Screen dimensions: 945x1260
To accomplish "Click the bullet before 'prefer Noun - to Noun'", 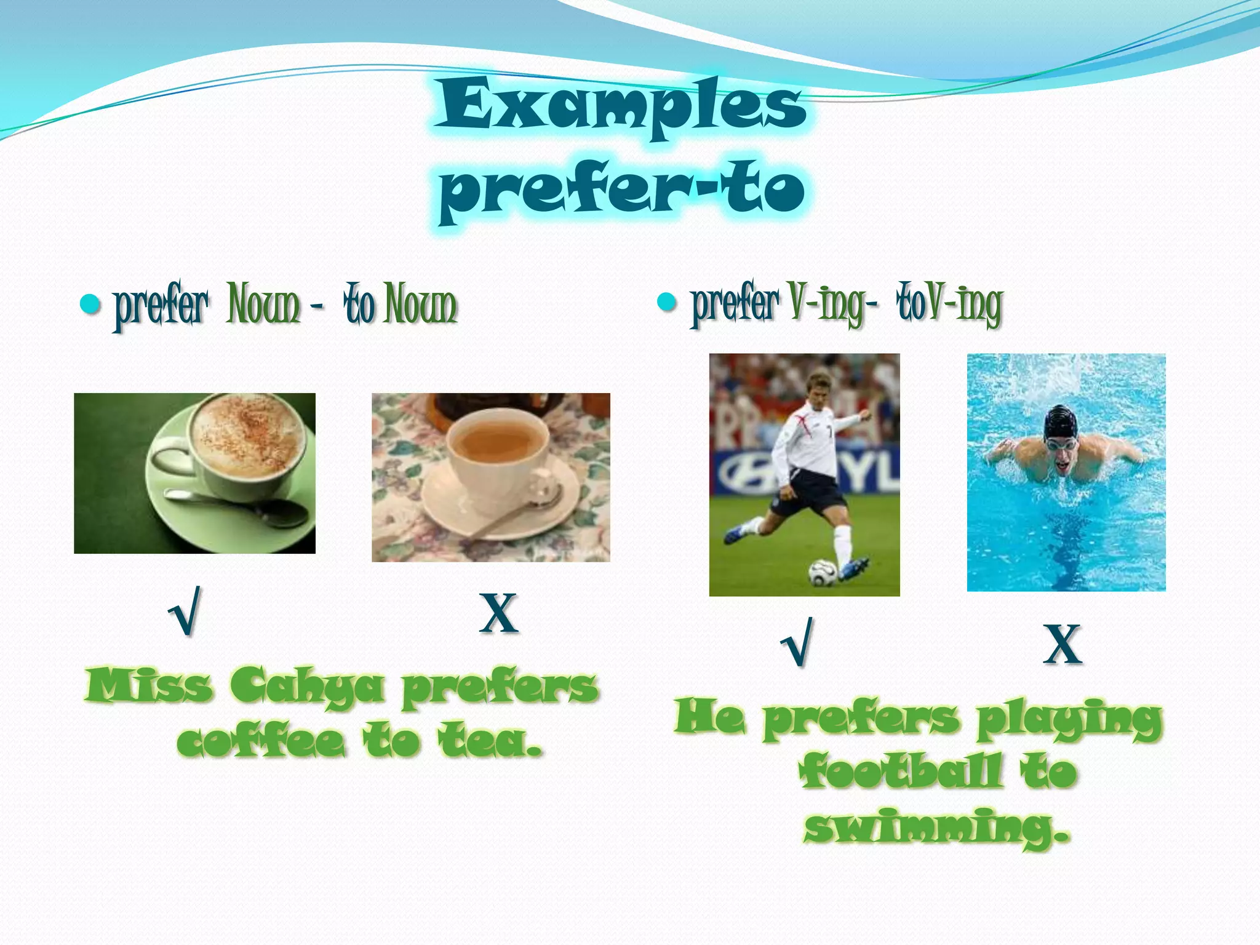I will (90, 304).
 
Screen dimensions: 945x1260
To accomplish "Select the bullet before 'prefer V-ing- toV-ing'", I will (667, 302).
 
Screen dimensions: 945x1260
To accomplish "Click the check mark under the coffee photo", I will (186, 612).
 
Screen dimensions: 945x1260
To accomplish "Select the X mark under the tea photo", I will (498, 613).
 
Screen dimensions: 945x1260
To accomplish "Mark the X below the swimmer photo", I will (1063, 644).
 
